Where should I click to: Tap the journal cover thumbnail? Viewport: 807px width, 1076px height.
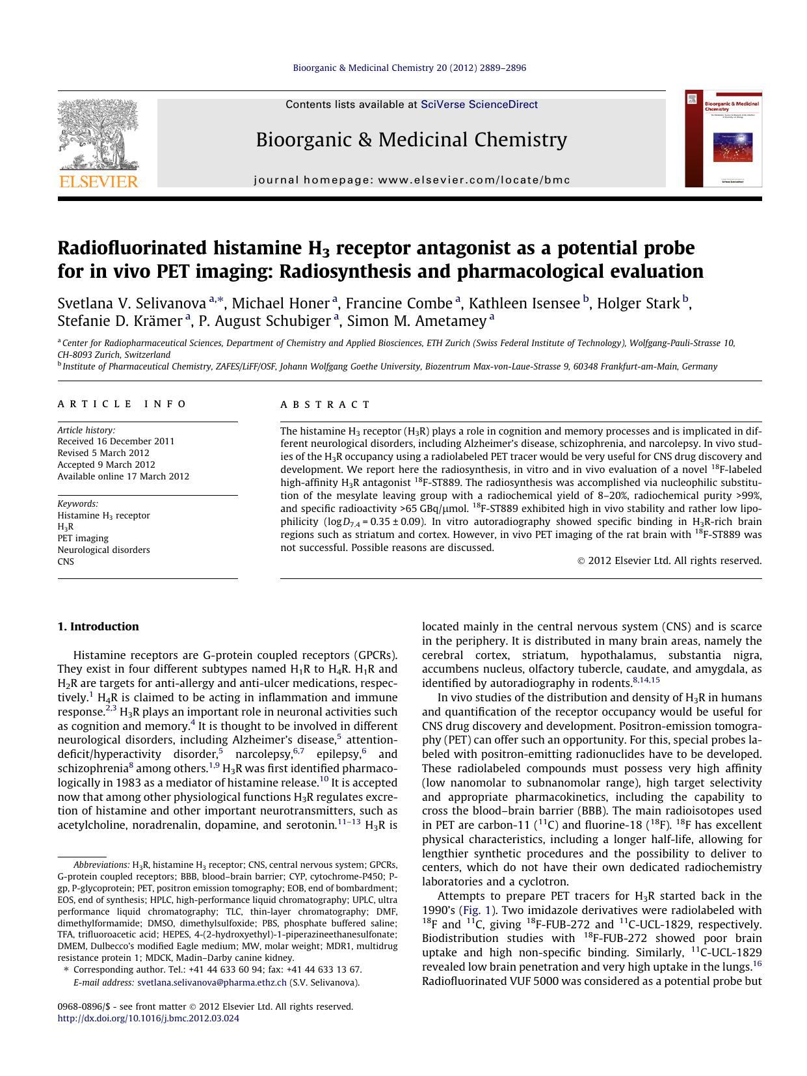pyautogui.click(x=723, y=139)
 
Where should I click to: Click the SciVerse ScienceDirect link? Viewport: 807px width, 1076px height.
pyautogui.click(x=479, y=104)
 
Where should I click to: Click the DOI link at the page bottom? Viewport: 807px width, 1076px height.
pyautogui.click(x=148, y=1018)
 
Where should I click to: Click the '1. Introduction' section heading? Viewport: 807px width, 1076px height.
pyautogui.click(x=98, y=626)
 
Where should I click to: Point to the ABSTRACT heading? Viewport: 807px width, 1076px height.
pyautogui.click(x=325, y=405)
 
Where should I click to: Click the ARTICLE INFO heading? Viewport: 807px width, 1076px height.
pyautogui.click(x=122, y=404)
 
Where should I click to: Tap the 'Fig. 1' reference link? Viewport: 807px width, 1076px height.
pyautogui.click(x=475, y=910)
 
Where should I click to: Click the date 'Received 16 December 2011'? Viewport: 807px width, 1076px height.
pyautogui.click(x=116, y=441)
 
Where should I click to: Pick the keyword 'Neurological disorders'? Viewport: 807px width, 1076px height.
pyautogui.click(x=103, y=550)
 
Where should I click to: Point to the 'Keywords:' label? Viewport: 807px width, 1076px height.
pyautogui.click(x=77, y=504)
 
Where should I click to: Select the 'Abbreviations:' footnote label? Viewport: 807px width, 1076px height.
pyautogui.click(x=101, y=865)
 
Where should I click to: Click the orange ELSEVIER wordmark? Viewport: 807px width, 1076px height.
pyautogui.click(x=99, y=182)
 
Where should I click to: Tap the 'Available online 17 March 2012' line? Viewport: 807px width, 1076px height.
pyautogui.click(x=123, y=476)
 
